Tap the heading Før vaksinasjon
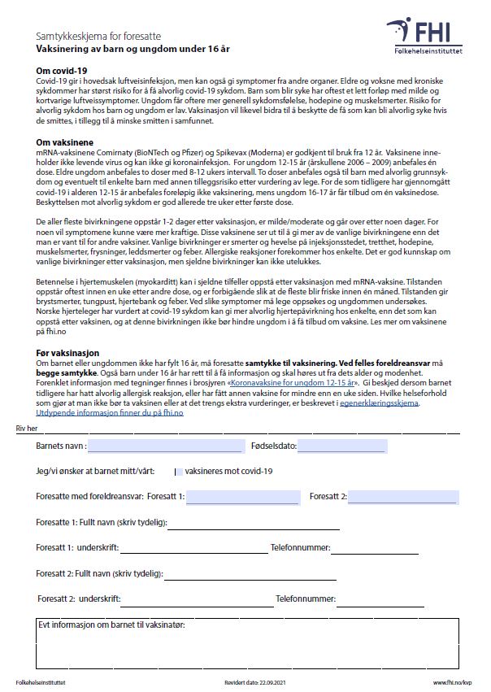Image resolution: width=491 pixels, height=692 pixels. (67, 353)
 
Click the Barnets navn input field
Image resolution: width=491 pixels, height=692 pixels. (165, 446)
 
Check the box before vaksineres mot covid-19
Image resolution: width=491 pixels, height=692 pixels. (178, 471)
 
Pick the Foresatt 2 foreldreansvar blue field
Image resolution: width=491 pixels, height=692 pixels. (403, 497)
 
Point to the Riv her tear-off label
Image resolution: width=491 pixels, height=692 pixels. (27, 428)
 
